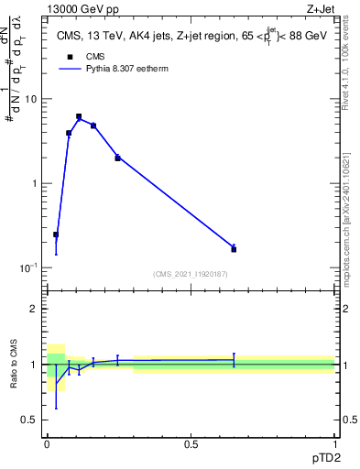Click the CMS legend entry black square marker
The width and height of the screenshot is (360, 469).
68,57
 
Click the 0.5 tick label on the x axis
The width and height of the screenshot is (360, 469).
191,442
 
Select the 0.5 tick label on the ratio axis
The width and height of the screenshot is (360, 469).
30,420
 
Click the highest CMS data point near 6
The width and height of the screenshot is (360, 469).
79,116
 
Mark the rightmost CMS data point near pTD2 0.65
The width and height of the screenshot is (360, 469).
234,249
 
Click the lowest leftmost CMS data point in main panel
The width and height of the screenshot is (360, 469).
56,234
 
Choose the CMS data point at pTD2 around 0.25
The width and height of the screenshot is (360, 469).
117,158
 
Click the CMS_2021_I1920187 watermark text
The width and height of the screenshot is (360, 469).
191,273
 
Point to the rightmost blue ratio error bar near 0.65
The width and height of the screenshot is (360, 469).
234,360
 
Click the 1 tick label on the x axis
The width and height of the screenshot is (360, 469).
334,442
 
